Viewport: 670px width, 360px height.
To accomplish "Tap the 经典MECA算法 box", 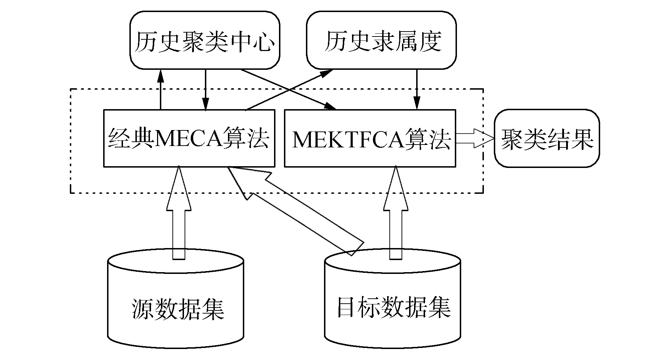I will (x=189, y=138).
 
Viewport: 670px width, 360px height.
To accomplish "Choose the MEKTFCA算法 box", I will (x=370, y=138).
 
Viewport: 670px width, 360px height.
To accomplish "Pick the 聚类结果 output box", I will (x=547, y=138).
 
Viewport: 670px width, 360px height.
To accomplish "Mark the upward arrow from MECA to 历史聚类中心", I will (x=161, y=89).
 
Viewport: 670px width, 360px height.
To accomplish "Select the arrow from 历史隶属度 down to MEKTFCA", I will (x=417, y=89).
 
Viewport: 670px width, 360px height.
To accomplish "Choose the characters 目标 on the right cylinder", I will (x=358, y=307).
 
